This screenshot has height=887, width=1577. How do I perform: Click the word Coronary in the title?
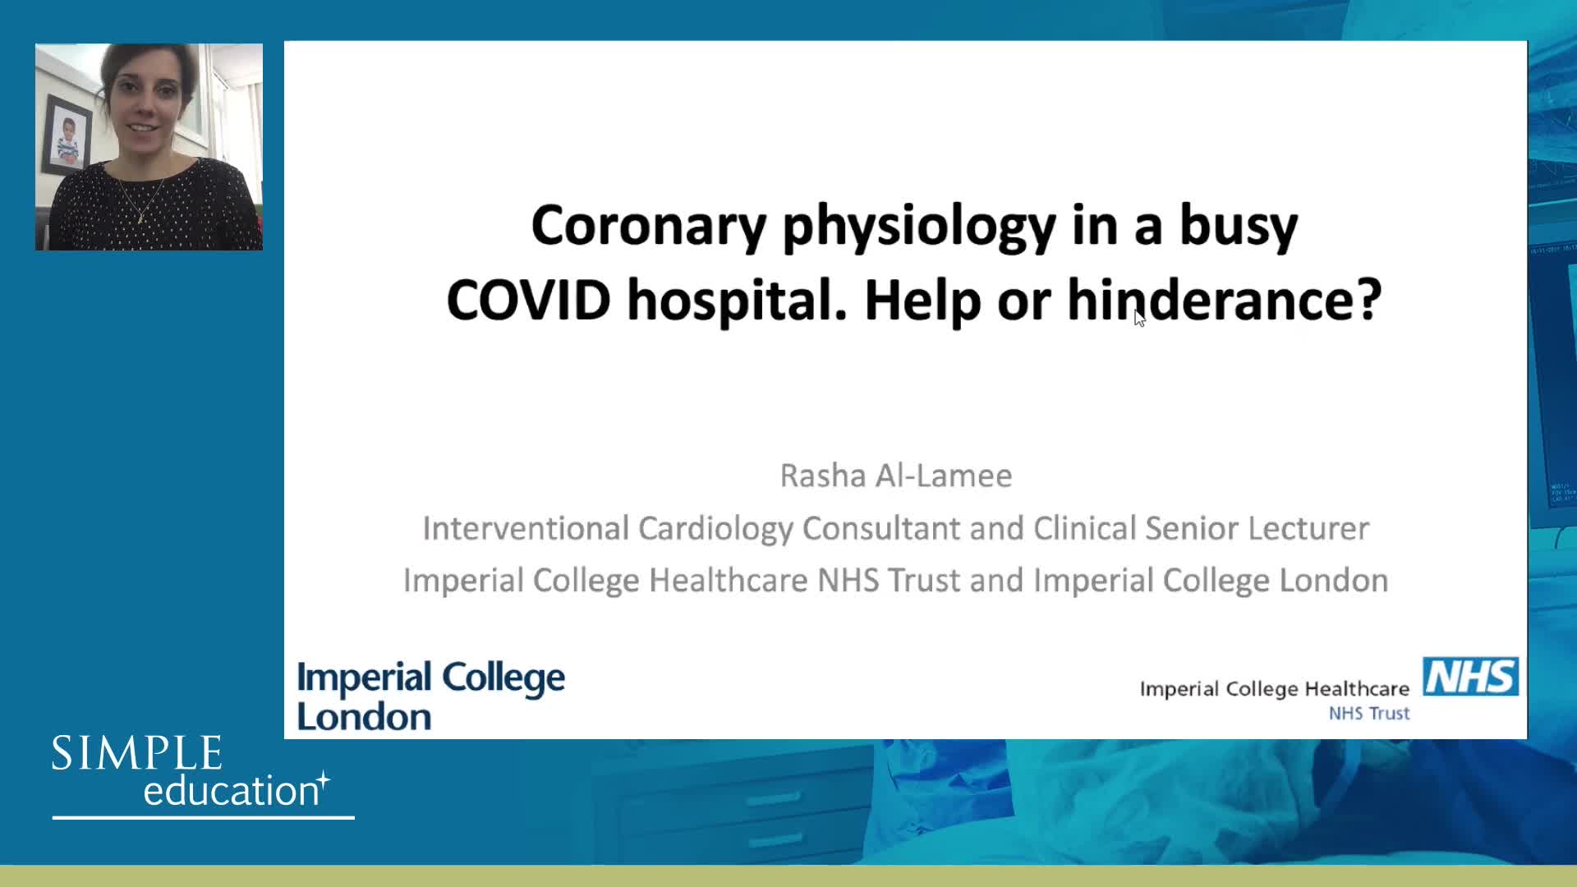[x=649, y=226]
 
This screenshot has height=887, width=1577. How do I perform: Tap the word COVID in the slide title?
[x=528, y=300]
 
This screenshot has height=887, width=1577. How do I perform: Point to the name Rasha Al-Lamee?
[x=895, y=476]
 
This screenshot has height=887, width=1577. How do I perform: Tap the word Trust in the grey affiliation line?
[x=924, y=581]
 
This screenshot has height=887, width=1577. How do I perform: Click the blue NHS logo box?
[x=1470, y=677]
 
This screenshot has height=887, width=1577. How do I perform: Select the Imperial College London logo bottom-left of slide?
[x=431, y=696]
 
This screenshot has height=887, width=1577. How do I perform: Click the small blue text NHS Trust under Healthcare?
[x=1369, y=714]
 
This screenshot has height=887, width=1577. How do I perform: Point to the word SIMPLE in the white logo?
[x=137, y=753]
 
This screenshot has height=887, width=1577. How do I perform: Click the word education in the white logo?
[x=231, y=790]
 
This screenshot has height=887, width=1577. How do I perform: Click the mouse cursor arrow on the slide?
[x=1139, y=318]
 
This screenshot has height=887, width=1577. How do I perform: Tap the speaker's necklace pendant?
[x=140, y=219]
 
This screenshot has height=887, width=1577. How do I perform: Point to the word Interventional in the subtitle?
[x=526, y=528]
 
